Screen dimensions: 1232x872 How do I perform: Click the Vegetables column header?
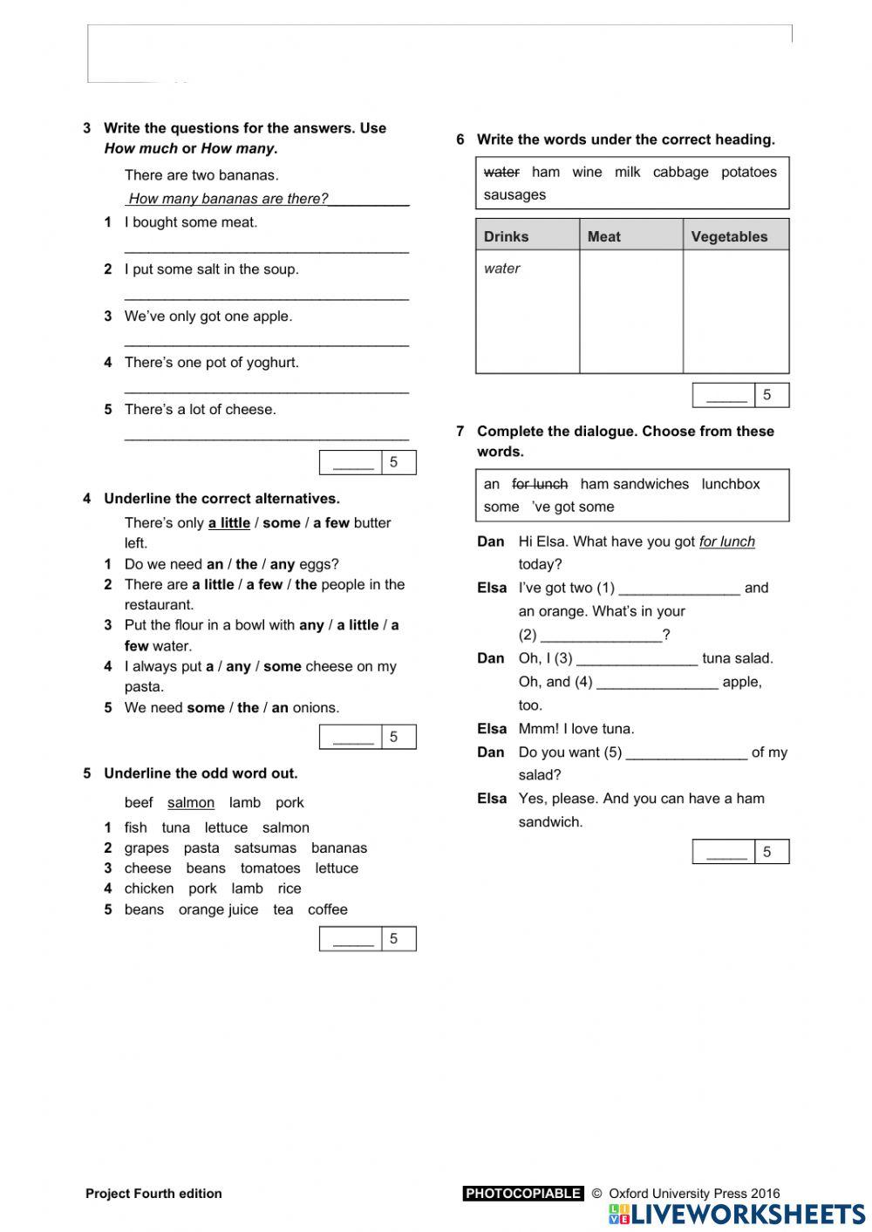coord(729,236)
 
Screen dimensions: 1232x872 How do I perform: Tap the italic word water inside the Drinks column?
coord(502,269)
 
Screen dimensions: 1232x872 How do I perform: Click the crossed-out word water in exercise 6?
coord(501,172)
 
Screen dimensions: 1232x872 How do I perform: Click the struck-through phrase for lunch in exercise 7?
coord(540,484)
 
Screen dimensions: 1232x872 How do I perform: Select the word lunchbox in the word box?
coord(731,484)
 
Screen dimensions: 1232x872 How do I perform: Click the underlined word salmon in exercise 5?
coord(191,802)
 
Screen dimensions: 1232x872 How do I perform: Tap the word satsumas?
coord(265,847)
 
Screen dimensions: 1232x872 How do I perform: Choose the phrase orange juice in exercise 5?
coord(218,909)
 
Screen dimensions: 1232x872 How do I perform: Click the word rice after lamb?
coord(290,888)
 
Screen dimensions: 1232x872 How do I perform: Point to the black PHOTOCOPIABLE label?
coord(523,1194)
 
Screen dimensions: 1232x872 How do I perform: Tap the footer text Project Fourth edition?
coord(153,1194)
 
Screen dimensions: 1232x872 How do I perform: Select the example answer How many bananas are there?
coord(228,199)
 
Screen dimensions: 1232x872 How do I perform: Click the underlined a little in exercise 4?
coord(229,523)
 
